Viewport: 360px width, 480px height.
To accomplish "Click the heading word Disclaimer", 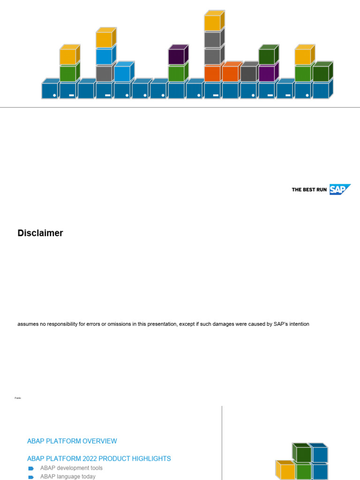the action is point(40,233).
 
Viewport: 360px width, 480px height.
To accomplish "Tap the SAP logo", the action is point(340,189).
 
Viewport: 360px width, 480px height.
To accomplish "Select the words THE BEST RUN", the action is point(309,190).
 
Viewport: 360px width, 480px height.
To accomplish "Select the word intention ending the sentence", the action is point(299,324).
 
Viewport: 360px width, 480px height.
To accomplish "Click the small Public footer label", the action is point(18,398).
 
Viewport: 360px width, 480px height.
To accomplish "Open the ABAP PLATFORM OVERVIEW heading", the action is point(72,441).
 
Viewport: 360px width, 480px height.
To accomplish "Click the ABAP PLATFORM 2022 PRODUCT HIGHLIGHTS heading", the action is point(99,458).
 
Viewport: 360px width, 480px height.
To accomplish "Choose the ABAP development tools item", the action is point(71,468).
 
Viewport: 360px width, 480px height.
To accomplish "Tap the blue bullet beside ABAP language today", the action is point(30,477).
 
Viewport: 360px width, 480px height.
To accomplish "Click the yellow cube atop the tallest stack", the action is point(214,21).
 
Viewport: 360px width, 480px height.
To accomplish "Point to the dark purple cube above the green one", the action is point(178,54).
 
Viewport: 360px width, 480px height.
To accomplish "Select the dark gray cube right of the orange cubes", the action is point(249,72).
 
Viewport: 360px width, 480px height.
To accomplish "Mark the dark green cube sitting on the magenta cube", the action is point(269,54).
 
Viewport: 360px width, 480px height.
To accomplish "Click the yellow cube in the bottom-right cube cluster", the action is point(285,470).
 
